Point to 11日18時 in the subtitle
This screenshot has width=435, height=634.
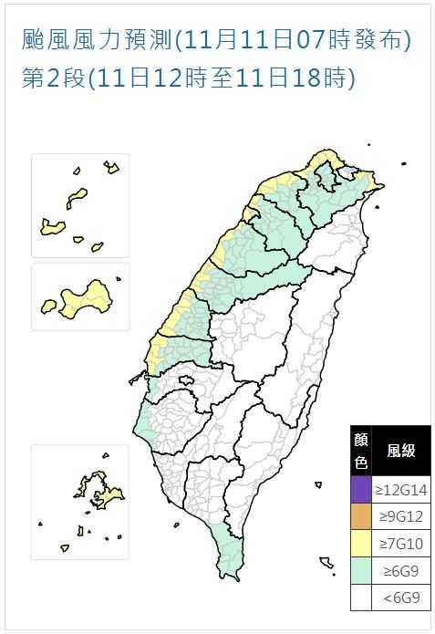pos(301,78)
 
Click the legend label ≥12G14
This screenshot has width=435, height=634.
pos(401,490)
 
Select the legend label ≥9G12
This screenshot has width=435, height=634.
pos(401,518)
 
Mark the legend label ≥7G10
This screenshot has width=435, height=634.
pos(401,545)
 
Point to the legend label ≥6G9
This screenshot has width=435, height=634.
pos(401,571)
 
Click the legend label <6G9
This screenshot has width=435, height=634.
pos(401,598)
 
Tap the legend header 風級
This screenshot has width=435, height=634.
pos(401,451)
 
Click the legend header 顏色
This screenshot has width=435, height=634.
pos(361,451)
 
